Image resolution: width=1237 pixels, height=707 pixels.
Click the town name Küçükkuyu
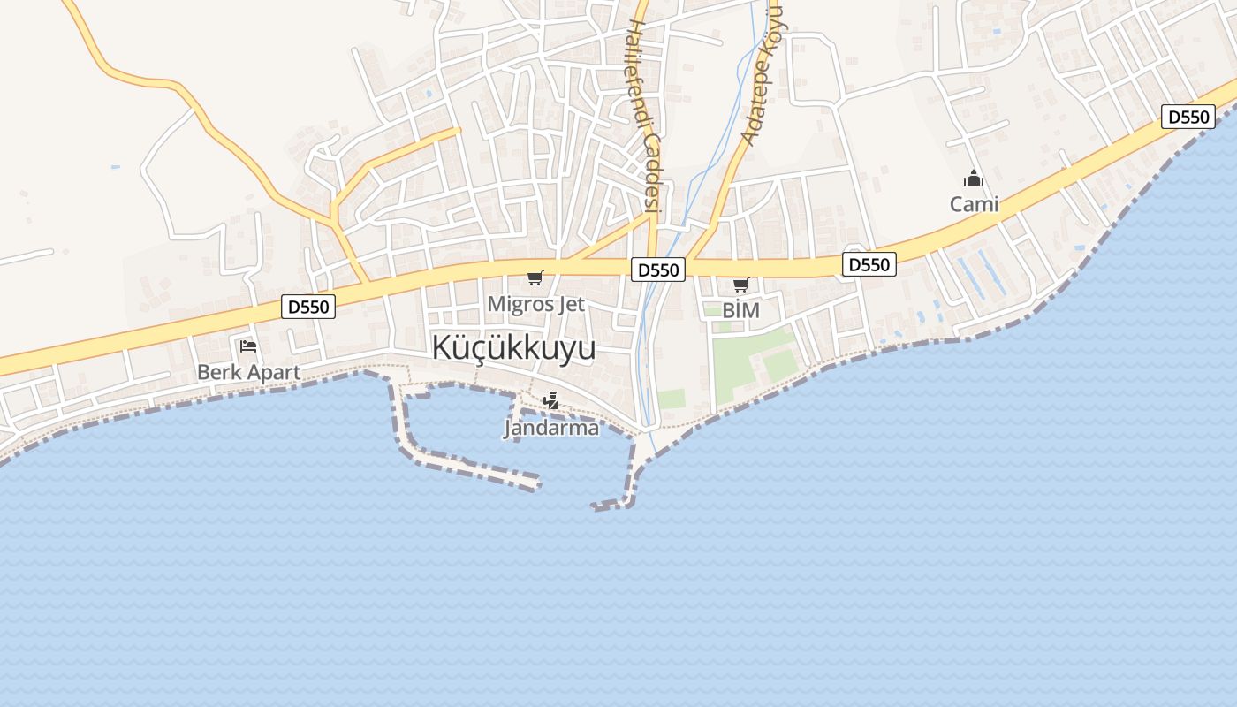[513, 348]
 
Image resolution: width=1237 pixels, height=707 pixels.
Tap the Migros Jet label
[536, 304]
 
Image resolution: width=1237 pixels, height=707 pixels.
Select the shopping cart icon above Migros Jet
[535, 278]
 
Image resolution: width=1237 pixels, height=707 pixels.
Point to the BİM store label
[740, 310]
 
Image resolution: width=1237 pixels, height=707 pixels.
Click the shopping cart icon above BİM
[740, 285]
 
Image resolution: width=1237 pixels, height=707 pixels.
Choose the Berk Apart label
[248, 372]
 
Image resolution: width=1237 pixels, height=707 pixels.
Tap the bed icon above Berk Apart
[248, 346]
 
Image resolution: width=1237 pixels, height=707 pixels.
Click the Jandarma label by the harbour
[551, 428]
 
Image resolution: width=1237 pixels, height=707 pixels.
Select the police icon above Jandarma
[551, 401]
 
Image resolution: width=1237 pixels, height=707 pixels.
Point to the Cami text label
[974, 204]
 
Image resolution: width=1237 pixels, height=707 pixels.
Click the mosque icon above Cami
[974, 179]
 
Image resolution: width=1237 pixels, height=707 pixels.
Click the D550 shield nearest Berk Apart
[308, 307]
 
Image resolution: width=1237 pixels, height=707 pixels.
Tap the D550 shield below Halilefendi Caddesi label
[658, 270]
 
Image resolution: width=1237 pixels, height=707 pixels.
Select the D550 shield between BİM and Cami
[869, 264]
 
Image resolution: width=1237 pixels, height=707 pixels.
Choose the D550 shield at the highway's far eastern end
[1188, 117]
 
